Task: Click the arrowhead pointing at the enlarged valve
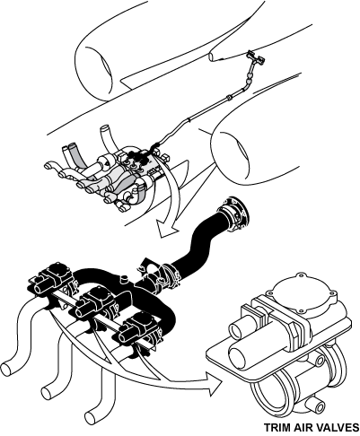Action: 214,384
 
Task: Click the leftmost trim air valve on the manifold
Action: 54,281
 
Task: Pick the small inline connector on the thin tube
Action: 230,97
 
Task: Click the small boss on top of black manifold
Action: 124,279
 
